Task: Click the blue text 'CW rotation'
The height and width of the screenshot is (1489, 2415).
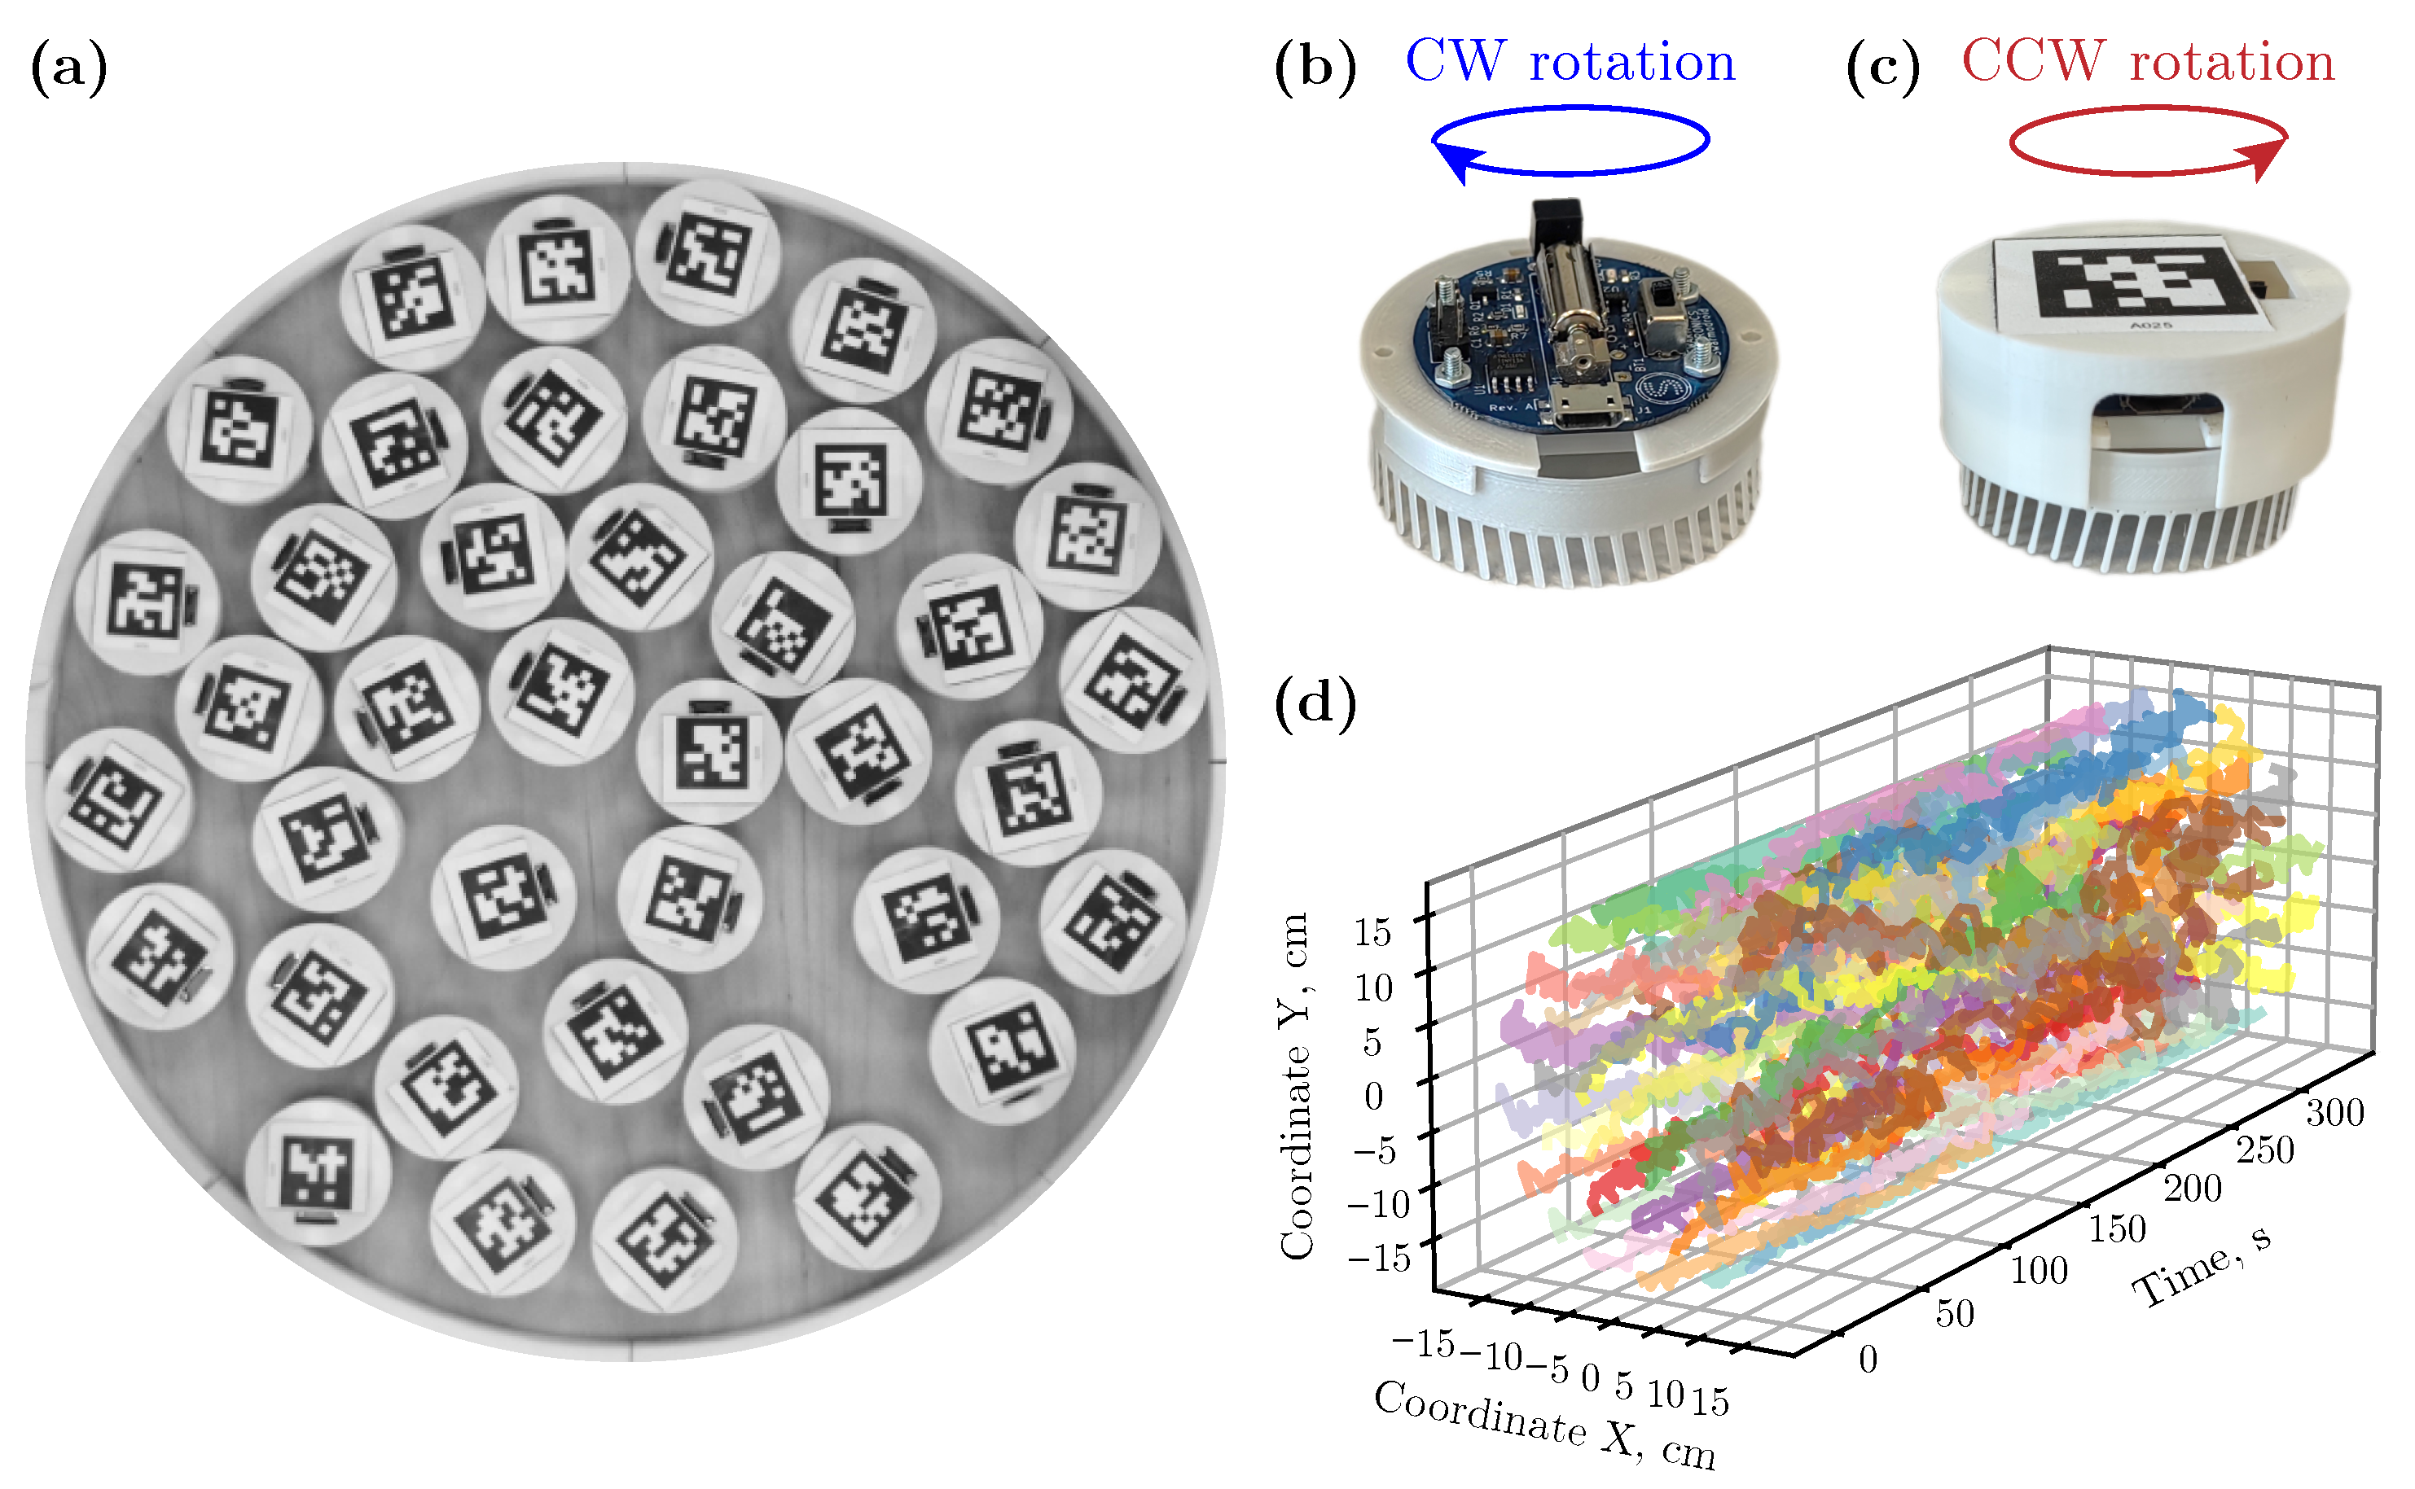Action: coord(1570,61)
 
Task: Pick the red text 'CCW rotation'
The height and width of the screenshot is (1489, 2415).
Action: coord(2148,61)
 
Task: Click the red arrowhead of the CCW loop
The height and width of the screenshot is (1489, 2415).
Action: coord(2264,158)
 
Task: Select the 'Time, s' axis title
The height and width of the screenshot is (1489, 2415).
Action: coord(2202,1265)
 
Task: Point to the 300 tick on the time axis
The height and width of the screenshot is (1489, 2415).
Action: coord(2334,1112)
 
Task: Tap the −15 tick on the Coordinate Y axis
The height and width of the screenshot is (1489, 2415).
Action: coord(1380,1258)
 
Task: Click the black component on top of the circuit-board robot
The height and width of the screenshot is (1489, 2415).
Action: coord(1556,222)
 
